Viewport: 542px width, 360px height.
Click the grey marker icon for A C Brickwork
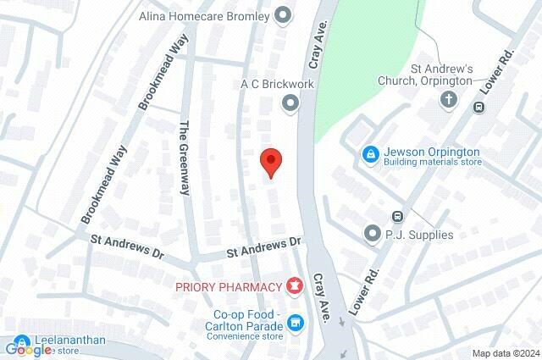[290, 103]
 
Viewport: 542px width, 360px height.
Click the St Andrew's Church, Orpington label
[440, 75]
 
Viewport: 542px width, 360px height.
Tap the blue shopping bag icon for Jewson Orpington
[370, 155]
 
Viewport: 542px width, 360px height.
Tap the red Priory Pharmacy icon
[295, 287]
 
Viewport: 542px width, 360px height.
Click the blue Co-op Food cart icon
[295, 322]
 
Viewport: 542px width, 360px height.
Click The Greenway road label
[184, 158]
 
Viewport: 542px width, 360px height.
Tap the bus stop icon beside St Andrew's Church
[479, 107]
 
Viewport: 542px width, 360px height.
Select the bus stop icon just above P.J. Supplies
[397, 217]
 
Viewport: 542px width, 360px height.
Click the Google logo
[29, 349]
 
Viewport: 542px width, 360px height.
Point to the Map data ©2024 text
[505, 353]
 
